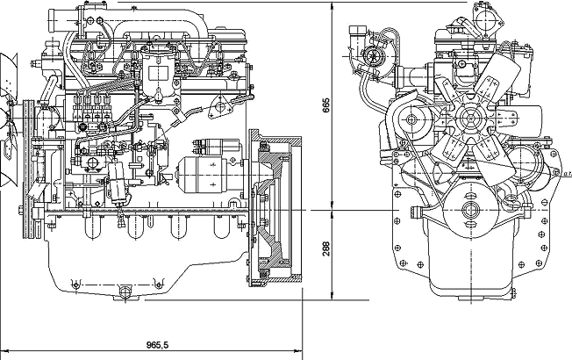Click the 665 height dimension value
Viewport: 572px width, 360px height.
point(325,106)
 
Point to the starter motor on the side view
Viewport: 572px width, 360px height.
point(209,173)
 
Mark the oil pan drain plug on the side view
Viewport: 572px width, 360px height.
point(123,291)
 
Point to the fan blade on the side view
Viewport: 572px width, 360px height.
point(7,88)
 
